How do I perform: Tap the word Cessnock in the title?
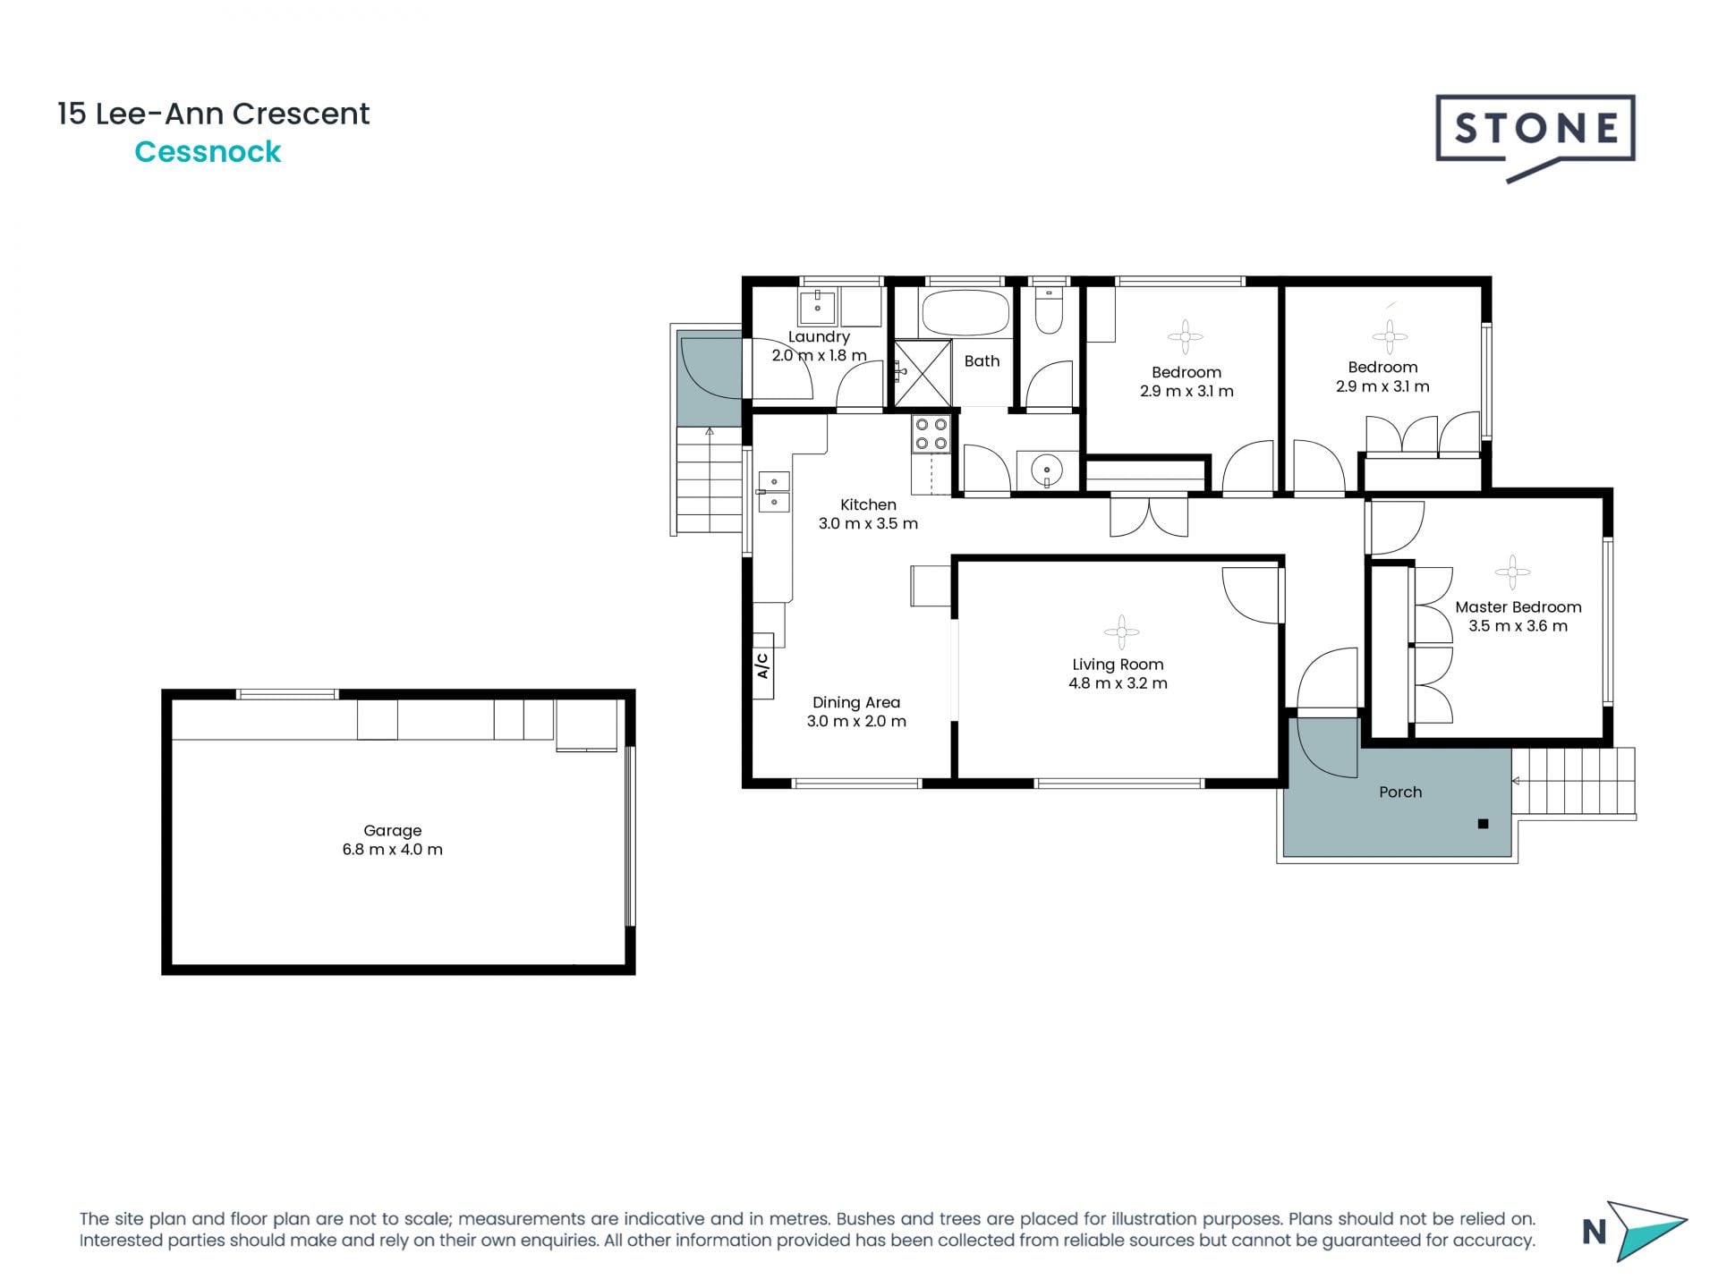(x=208, y=152)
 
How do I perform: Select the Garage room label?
(x=392, y=831)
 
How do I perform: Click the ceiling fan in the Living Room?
(x=1120, y=632)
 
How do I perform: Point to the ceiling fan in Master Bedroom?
(x=1511, y=572)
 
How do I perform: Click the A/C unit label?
(x=762, y=665)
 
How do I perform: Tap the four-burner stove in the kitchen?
(x=931, y=434)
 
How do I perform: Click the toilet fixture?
(x=1048, y=311)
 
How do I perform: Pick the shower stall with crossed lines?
(x=923, y=372)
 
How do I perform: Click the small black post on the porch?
(x=1483, y=824)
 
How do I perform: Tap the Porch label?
(x=1399, y=792)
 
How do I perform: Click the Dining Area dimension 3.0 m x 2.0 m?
(x=856, y=722)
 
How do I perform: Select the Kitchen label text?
(x=868, y=504)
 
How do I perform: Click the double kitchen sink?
(x=774, y=492)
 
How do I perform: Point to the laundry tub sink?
(x=817, y=307)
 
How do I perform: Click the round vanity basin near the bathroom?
(x=1046, y=469)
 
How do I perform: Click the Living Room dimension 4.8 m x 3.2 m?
(x=1118, y=683)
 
